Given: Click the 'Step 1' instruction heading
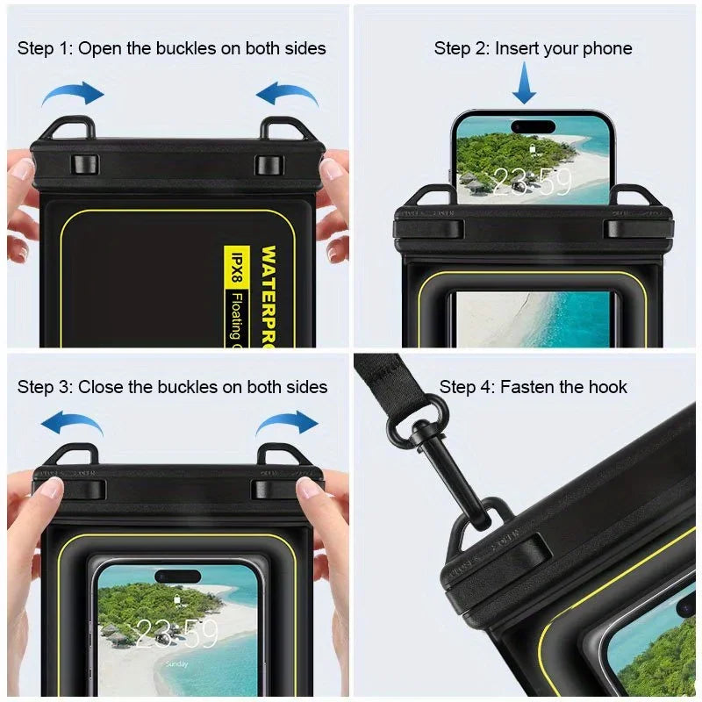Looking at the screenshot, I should click(171, 48).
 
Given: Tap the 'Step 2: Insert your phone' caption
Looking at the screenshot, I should click(533, 48).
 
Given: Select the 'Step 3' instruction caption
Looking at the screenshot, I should click(172, 387).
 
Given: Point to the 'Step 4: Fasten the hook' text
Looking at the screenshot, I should click(534, 387).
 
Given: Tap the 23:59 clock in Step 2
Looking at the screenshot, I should click(531, 183).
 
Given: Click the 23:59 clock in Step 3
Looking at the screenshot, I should click(177, 633).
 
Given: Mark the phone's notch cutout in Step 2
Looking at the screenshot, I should click(533, 125).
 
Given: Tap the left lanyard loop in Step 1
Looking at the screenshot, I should click(67, 129).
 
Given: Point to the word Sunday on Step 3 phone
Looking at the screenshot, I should click(176, 664).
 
